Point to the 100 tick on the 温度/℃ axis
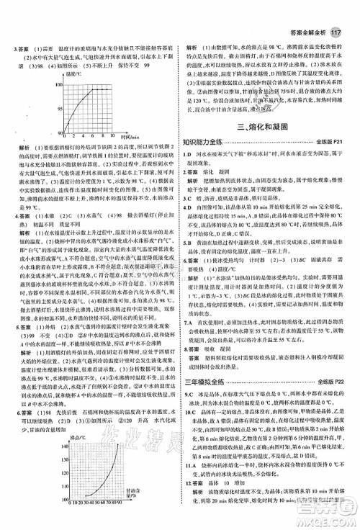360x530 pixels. tap(50, 83)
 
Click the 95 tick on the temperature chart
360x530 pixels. tap(52, 108)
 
